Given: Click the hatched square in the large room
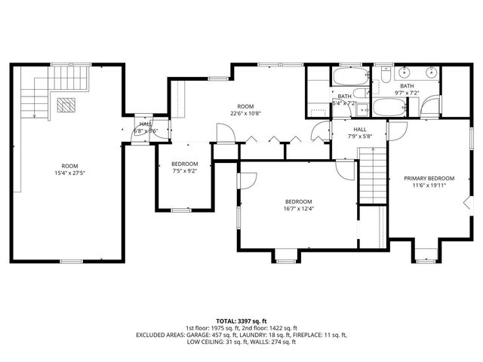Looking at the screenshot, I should click(x=66, y=104).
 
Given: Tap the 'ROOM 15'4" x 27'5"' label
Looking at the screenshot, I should click(x=69, y=170).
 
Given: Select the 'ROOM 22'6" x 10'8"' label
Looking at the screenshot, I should click(x=246, y=110).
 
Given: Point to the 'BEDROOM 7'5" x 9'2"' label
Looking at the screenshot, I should click(x=184, y=167).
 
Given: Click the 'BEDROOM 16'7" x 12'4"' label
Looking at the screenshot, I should click(x=298, y=204).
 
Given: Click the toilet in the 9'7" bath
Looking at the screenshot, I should click(x=385, y=77).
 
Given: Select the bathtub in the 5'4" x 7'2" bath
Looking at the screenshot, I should click(x=348, y=78).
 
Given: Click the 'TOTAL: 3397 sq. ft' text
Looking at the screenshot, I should click(x=241, y=321).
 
